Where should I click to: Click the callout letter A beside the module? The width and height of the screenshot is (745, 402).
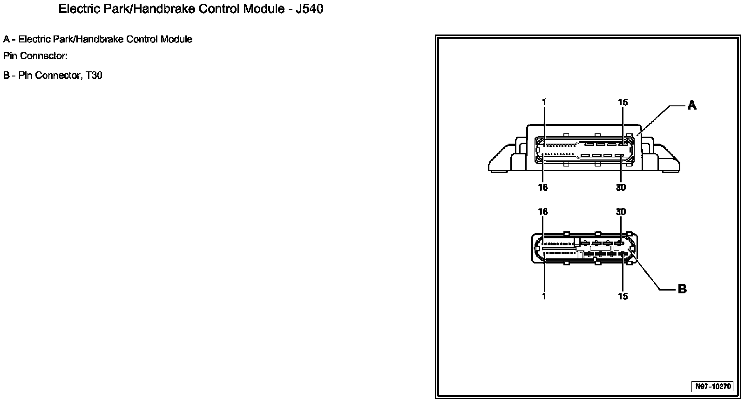click(x=692, y=105)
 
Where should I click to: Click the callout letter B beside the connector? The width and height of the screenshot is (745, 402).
click(x=682, y=289)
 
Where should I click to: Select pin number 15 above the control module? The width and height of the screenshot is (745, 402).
click(x=623, y=103)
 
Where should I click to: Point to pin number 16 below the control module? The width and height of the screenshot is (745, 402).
click(x=543, y=187)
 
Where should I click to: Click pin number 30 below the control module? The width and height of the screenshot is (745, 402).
click(x=621, y=187)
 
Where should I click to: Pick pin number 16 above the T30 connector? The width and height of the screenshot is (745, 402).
click(x=543, y=212)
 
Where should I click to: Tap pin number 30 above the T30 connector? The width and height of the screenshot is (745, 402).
click(x=621, y=212)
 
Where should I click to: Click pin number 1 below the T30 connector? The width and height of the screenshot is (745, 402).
click(x=544, y=296)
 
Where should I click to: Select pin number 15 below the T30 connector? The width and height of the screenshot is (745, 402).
click(x=623, y=296)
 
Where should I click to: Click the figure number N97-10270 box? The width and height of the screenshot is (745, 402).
click(x=713, y=386)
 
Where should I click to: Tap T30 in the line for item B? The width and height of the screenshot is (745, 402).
click(x=94, y=75)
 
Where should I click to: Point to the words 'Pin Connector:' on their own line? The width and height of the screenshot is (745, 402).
click(x=35, y=56)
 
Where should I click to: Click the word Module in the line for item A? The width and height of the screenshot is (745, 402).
click(x=176, y=39)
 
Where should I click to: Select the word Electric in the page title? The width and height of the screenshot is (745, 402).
click(x=77, y=9)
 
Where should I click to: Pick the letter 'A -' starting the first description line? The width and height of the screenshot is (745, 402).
click(x=9, y=39)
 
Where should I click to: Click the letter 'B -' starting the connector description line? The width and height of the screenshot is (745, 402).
click(x=9, y=75)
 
